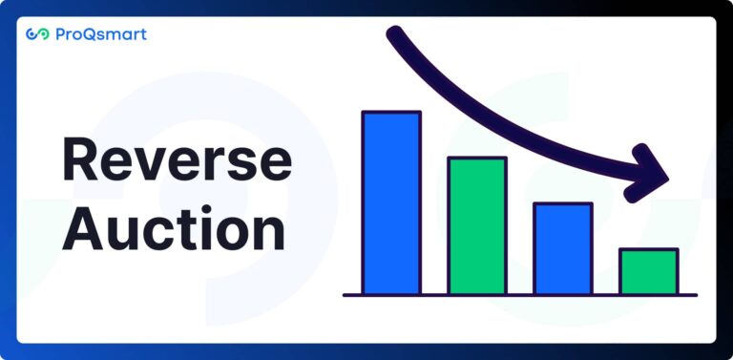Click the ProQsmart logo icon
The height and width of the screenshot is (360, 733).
point(37,34)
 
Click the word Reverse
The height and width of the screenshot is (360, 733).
point(177,160)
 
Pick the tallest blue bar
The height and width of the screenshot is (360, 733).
point(390,202)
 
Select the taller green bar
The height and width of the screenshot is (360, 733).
point(477,225)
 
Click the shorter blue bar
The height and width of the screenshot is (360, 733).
point(563,248)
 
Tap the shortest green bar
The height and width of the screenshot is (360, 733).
point(649,271)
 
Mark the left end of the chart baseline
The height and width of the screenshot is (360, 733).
point(346,295)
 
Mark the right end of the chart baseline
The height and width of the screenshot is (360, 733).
point(695,295)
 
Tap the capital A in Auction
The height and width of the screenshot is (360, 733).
point(83,229)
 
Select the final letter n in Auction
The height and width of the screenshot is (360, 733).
point(270,235)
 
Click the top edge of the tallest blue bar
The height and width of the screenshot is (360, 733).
point(390,113)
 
